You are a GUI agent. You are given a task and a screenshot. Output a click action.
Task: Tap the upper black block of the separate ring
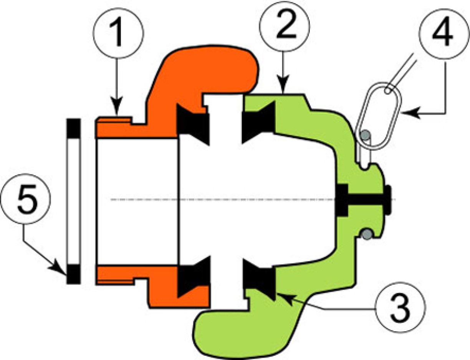tap(73, 128)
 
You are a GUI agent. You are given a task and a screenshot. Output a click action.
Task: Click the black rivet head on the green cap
tap(389, 199)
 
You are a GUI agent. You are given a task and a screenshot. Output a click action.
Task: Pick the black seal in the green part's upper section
tap(259, 123)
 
